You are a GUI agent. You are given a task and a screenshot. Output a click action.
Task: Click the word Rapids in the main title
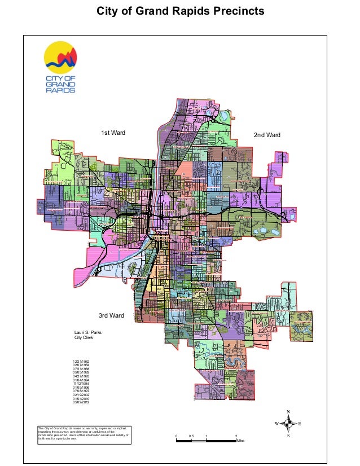click(x=184, y=11)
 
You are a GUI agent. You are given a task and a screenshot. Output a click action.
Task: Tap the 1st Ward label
click(x=113, y=133)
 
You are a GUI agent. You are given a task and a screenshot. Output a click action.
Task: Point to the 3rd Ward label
click(x=111, y=315)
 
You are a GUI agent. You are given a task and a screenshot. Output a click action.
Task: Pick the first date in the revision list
click(x=81, y=361)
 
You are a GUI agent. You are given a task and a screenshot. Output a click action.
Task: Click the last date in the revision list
click(x=81, y=403)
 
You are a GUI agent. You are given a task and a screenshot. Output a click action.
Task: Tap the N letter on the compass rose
click(x=288, y=412)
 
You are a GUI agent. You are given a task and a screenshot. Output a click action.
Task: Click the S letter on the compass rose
click(x=288, y=435)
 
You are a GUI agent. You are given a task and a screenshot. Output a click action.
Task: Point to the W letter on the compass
click(x=276, y=423)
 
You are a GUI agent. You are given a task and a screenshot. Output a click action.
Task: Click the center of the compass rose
click(x=288, y=423)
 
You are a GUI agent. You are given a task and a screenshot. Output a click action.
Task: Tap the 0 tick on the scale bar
click(x=176, y=437)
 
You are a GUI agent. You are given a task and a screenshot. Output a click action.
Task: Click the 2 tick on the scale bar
click(x=235, y=437)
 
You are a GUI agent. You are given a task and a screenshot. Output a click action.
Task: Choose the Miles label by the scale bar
click(x=241, y=441)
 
